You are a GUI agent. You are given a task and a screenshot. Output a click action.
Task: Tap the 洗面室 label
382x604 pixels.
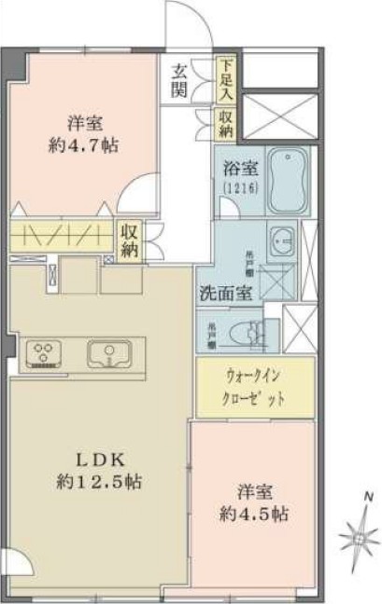[224, 292]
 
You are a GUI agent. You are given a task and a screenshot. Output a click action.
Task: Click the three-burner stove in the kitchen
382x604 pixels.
[44, 351]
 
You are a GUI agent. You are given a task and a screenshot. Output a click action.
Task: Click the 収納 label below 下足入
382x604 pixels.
[226, 118]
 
